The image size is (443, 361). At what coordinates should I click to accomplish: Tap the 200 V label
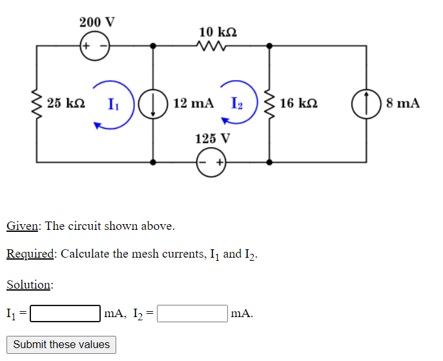pos(97,21)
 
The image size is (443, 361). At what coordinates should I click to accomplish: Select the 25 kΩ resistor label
pos(67,103)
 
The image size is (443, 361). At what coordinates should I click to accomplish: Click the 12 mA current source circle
pos(153,104)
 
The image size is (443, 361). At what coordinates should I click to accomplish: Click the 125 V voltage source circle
pos(212,163)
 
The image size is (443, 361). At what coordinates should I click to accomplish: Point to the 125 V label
pos(212,139)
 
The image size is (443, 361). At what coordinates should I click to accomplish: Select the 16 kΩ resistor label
pos(299,103)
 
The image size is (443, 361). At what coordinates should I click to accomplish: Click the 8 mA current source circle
pos(366,104)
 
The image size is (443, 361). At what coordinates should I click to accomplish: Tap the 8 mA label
pos(403,103)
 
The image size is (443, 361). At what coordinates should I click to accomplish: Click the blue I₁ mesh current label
pos(113,103)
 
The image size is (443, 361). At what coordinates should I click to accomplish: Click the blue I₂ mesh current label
pos(236,103)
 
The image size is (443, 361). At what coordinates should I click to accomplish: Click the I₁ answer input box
pos(65,314)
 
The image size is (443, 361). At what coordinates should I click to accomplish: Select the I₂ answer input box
pos(192,314)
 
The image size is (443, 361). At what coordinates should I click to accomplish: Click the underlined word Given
pos(23,226)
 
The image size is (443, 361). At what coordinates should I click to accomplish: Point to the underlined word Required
pos(30,254)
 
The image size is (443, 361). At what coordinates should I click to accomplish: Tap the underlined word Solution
pos(29,285)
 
